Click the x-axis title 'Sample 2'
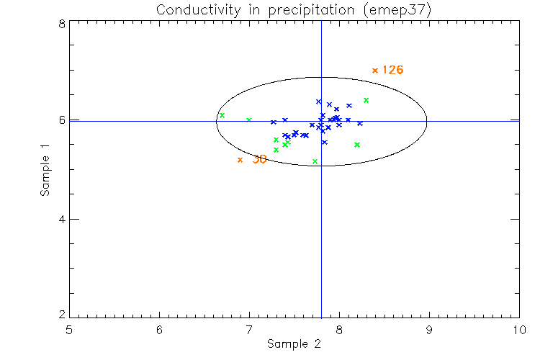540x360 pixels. pyautogui.click(x=294, y=344)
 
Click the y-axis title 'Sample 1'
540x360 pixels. pyautogui.click(x=45, y=170)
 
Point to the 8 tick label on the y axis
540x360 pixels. pyautogui.click(x=63, y=24)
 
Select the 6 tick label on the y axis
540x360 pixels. pyautogui.click(x=63, y=120)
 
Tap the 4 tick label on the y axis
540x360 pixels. pyautogui.click(x=63, y=219)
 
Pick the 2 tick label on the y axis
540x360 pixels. pyautogui.click(x=63, y=315)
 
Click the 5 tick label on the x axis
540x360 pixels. pyautogui.click(x=69, y=330)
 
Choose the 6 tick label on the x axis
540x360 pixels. pyautogui.click(x=159, y=330)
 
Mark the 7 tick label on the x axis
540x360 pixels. pyautogui.click(x=249, y=330)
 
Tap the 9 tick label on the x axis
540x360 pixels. pyautogui.click(x=429, y=330)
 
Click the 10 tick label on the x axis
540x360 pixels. pyautogui.click(x=519, y=330)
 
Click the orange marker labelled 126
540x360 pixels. pyautogui.click(x=375, y=71)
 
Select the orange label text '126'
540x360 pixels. pyautogui.click(x=392, y=71)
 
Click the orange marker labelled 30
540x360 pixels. pyautogui.click(x=240, y=160)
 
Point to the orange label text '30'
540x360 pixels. pyautogui.click(x=260, y=160)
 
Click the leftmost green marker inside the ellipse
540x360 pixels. pyautogui.click(x=222, y=115)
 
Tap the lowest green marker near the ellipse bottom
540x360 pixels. pyautogui.click(x=315, y=161)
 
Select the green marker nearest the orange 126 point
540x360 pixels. pyautogui.click(x=366, y=100)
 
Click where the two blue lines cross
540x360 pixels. pyautogui.click(x=321, y=121)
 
